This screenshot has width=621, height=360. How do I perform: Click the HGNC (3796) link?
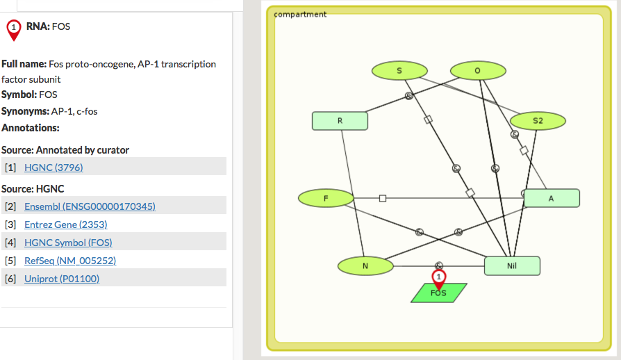[x=53, y=167]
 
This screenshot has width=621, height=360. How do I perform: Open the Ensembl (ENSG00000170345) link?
[x=90, y=206]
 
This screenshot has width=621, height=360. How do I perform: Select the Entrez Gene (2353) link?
[x=65, y=224]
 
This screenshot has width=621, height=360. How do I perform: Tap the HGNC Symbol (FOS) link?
[x=68, y=243]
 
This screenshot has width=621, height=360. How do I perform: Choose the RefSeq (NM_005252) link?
[x=69, y=261]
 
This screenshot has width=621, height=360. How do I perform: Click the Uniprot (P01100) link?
[x=62, y=279]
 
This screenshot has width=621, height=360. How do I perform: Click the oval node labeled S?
[x=399, y=70]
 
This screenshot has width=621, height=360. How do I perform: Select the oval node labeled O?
[x=477, y=70]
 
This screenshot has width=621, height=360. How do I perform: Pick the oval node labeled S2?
[x=538, y=120]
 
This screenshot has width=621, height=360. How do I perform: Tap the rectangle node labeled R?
[x=340, y=121]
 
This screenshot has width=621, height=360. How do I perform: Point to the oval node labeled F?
[x=326, y=198]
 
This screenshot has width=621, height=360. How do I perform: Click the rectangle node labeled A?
[x=552, y=198]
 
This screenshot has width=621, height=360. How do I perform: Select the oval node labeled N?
[x=365, y=265]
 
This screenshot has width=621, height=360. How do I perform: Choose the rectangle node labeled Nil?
[x=512, y=265]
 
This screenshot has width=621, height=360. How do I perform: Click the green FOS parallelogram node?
[x=438, y=293]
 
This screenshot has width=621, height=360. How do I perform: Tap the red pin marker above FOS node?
[x=438, y=277]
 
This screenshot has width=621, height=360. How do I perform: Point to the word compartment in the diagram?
[x=300, y=14]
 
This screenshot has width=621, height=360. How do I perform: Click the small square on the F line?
[x=383, y=198]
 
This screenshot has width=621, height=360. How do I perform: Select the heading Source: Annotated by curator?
[x=65, y=150]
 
